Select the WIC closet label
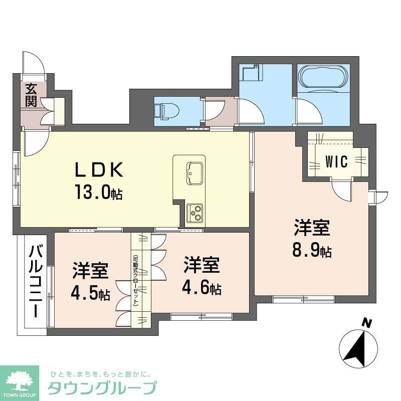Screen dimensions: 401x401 (x=337, y=161)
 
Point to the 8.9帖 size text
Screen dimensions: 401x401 (x=312, y=250)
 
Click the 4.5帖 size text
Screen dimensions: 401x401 (x=91, y=293)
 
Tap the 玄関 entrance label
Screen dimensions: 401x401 (x=31, y=95)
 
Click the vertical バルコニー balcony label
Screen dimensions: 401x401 (x=35, y=281)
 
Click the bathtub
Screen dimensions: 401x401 (x=323, y=77)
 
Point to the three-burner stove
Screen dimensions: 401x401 (x=194, y=213)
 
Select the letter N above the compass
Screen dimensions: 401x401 (x=367, y=323)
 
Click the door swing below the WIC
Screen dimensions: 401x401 (x=342, y=190)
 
